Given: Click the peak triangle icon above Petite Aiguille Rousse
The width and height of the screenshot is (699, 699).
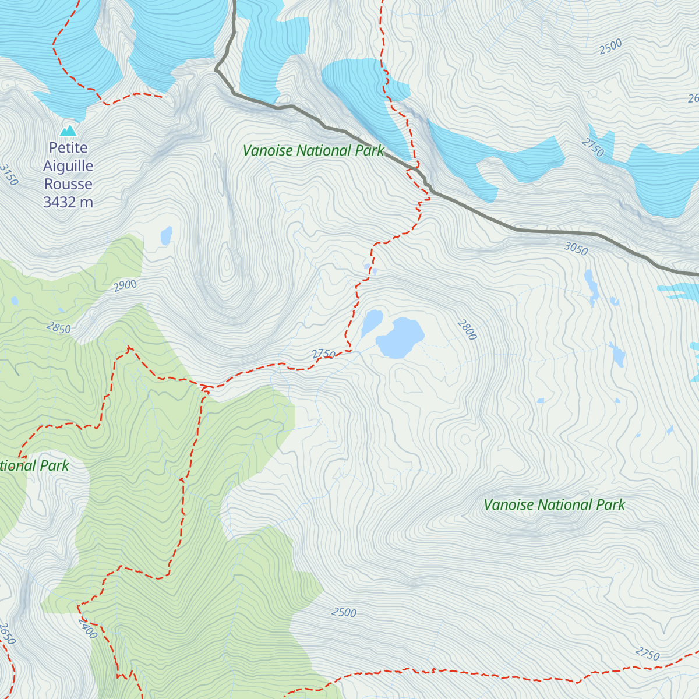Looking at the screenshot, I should pyautogui.click(x=69, y=130).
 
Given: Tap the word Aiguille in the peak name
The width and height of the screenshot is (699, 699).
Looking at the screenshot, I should pyautogui.click(x=68, y=166).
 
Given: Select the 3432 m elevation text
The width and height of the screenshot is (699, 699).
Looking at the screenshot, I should pyautogui.click(x=68, y=202).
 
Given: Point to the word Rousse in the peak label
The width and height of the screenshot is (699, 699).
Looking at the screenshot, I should pyautogui.click(x=68, y=184).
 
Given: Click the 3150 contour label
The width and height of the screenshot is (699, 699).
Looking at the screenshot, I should pyautogui.click(x=9, y=175).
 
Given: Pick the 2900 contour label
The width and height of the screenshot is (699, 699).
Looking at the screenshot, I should pyautogui.click(x=125, y=285).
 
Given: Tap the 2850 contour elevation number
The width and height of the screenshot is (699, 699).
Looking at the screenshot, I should pyautogui.click(x=59, y=328).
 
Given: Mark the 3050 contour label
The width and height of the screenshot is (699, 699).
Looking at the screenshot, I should pyautogui.click(x=576, y=249).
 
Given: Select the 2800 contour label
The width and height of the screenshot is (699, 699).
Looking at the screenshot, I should pyautogui.click(x=467, y=330).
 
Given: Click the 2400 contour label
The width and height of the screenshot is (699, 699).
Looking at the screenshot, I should pyautogui.click(x=87, y=628).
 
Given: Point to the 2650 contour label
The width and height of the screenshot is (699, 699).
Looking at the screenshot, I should pyautogui.click(x=6, y=634).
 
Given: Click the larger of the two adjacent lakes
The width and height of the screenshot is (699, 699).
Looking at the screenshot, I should pyautogui.click(x=401, y=337).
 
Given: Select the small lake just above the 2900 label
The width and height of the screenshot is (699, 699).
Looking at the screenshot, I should pyautogui.click(x=167, y=235).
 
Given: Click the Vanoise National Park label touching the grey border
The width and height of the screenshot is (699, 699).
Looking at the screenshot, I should pyautogui.click(x=313, y=151).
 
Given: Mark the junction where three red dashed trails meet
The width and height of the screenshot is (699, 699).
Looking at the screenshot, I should pyautogui.click(x=205, y=387).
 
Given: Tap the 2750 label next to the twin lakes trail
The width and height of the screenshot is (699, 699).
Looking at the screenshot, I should pyautogui.click(x=323, y=354).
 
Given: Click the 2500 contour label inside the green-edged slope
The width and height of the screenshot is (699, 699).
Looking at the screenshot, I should pyautogui.click(x=344, y=612).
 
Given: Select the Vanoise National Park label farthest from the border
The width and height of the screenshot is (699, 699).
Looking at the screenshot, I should pyautogui.click(x=554, y=505).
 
